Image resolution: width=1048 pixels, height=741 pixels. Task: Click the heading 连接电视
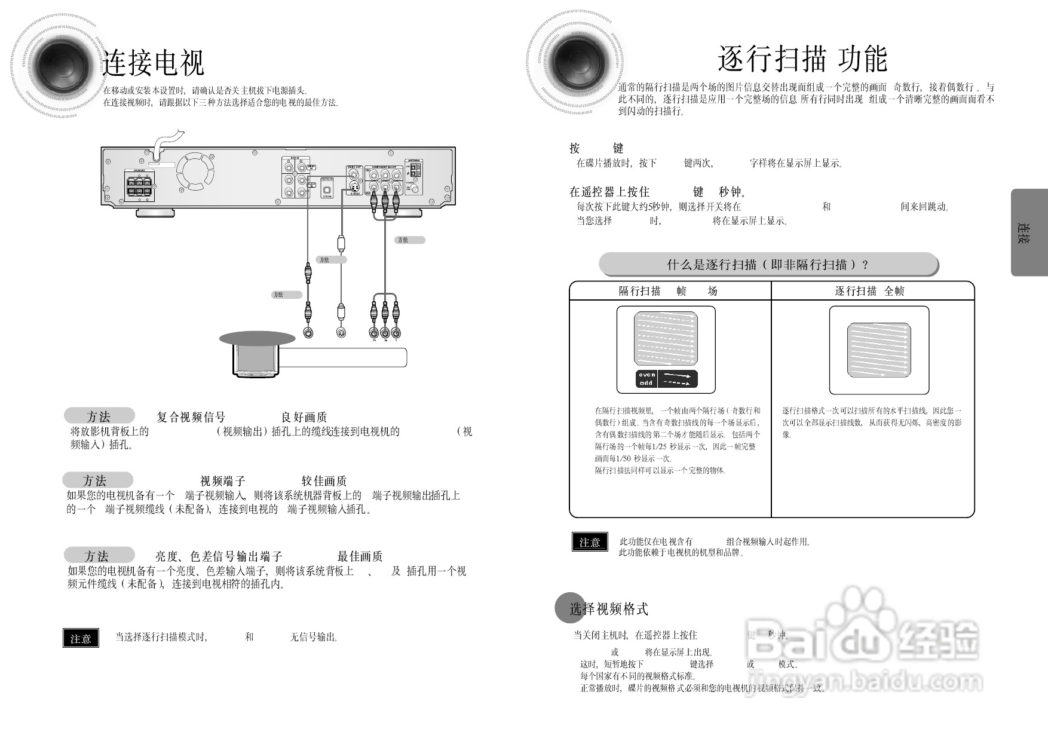[x=154, y=63]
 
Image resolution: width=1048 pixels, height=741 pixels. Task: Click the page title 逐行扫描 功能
[x=802, y=59]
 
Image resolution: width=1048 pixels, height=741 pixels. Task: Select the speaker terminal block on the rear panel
[x=140, y=186]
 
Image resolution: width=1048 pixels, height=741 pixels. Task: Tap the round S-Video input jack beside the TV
[x=341, y=332]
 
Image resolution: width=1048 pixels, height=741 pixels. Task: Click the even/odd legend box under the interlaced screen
[x=666, y=379]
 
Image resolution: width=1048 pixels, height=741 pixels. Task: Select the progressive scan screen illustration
[x=879, y=350]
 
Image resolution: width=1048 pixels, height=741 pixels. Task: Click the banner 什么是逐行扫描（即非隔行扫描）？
[x=768, y=264]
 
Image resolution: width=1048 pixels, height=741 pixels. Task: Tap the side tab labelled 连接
[x=1029, y=232]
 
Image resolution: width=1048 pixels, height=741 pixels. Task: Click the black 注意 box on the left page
[x=81, y=638]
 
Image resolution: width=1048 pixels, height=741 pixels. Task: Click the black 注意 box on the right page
[x=589, y=541]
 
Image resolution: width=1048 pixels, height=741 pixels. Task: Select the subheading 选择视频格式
[x=608, y=609]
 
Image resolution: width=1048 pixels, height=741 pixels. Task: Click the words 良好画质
[x=304, y=417]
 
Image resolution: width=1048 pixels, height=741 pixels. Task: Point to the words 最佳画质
[x=360, y=556]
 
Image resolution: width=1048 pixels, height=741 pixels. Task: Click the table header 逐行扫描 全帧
[x=869, y=291]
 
